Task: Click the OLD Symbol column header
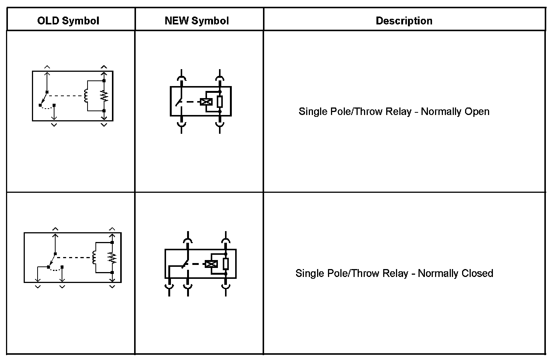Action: (68, 21)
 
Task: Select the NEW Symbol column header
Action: (196, 21)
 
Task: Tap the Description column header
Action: (404, 21)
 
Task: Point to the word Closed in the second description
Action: (477, 273)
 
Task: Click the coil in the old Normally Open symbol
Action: (86, 96)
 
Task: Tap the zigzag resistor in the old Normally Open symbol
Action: (104, 96)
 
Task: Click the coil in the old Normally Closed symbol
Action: (94, 257)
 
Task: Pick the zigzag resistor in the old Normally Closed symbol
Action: (112, 257)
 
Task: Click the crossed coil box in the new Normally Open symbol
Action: (206, 102)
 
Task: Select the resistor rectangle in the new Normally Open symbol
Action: (220, 101)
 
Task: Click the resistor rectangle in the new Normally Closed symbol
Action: (225, 264)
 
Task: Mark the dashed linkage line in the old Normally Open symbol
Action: (66, 96)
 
